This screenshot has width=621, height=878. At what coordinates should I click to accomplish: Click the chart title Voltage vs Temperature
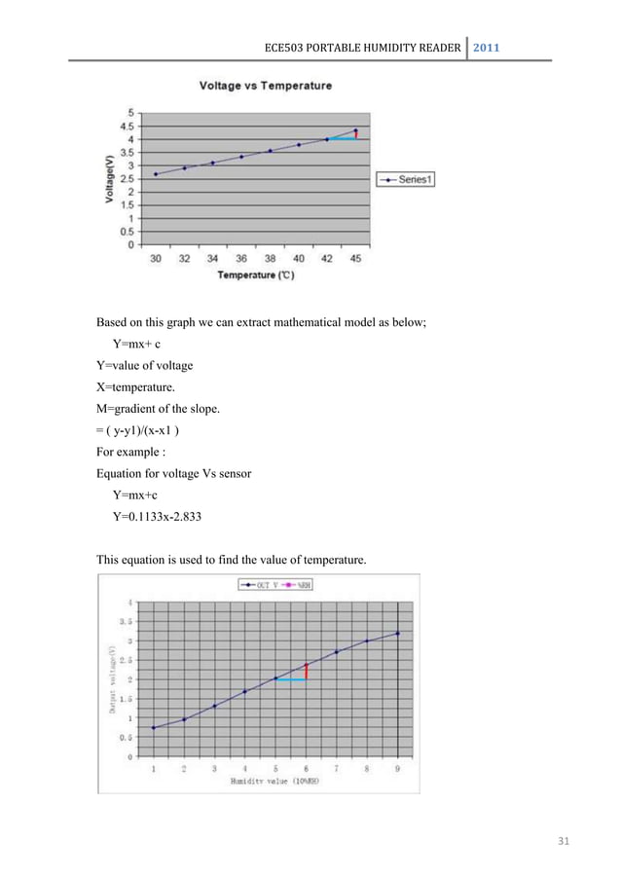click(265, 86)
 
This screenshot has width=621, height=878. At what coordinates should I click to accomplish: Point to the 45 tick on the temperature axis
click(355, 258)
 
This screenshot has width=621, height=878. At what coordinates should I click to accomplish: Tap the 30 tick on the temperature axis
click(156, 258)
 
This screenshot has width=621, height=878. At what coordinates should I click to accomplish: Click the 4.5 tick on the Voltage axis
click(127, 126)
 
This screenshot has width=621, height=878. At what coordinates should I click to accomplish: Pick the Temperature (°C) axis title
click(256, 275)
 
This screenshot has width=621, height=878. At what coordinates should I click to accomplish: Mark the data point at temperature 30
click(156, 174)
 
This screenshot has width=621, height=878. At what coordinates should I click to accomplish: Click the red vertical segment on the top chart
click(356, 135)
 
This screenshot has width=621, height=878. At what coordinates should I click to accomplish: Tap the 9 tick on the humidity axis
click(397, 768)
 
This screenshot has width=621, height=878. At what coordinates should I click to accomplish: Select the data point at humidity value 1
click(153, 727)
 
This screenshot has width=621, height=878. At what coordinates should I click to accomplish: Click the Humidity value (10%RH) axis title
click(274, 780)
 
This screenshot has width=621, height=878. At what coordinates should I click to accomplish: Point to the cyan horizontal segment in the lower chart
click(291, 679)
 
